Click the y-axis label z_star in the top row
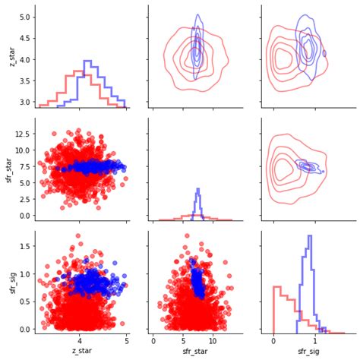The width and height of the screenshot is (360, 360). click(12, 56)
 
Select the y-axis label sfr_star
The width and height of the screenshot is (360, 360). click(8, 170)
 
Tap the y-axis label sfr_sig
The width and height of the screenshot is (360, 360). click(13, 283)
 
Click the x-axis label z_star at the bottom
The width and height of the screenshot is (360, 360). click(82, 351)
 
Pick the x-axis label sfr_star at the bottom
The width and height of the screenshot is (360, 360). click(195, 351)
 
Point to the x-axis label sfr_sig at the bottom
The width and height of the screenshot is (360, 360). click(308, 352)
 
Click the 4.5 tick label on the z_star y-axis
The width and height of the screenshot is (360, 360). click(25, 39)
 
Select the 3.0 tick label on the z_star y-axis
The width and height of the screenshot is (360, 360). click(25, 103)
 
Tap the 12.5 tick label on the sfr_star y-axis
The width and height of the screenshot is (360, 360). click(23, 134)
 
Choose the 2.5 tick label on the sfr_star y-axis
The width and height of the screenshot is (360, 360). click(25, 200)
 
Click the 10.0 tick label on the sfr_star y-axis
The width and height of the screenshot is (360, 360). click(23, 150)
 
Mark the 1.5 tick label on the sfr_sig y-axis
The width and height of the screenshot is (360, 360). click(25, 246)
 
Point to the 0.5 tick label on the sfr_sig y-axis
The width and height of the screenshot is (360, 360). click(25, 302)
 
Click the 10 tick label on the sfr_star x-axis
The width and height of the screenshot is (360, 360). click(213, 341)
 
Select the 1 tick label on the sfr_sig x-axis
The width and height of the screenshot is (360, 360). click(315, 341)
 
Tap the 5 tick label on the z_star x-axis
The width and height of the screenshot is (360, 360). click(127, 341)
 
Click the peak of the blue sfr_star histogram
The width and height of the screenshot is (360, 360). click(198, 189)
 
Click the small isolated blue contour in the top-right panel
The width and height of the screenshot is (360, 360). click(324, 53)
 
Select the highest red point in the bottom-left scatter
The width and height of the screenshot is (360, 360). click(78, 235)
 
